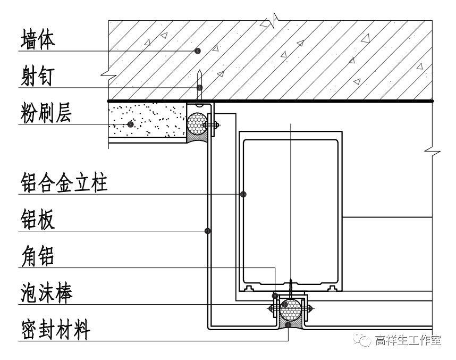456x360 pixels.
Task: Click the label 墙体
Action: (x=37, y=40)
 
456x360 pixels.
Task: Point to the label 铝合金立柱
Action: (x=64, y=184)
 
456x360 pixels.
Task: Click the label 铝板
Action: (x=37, y=220)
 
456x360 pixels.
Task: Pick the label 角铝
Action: (x=37, y=257)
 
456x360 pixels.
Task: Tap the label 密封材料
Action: (x=55, y=330)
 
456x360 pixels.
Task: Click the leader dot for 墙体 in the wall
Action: (x=197, y=51)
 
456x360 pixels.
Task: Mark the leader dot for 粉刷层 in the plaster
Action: (x=130, y=124)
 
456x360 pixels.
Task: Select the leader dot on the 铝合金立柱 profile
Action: (x=243, y=195)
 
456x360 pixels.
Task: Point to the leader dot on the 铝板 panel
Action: (x=208, y=231)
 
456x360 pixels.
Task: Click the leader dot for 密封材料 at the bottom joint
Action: (x=287, y=324)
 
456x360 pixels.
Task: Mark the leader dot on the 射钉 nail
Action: (x=199, y=87)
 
